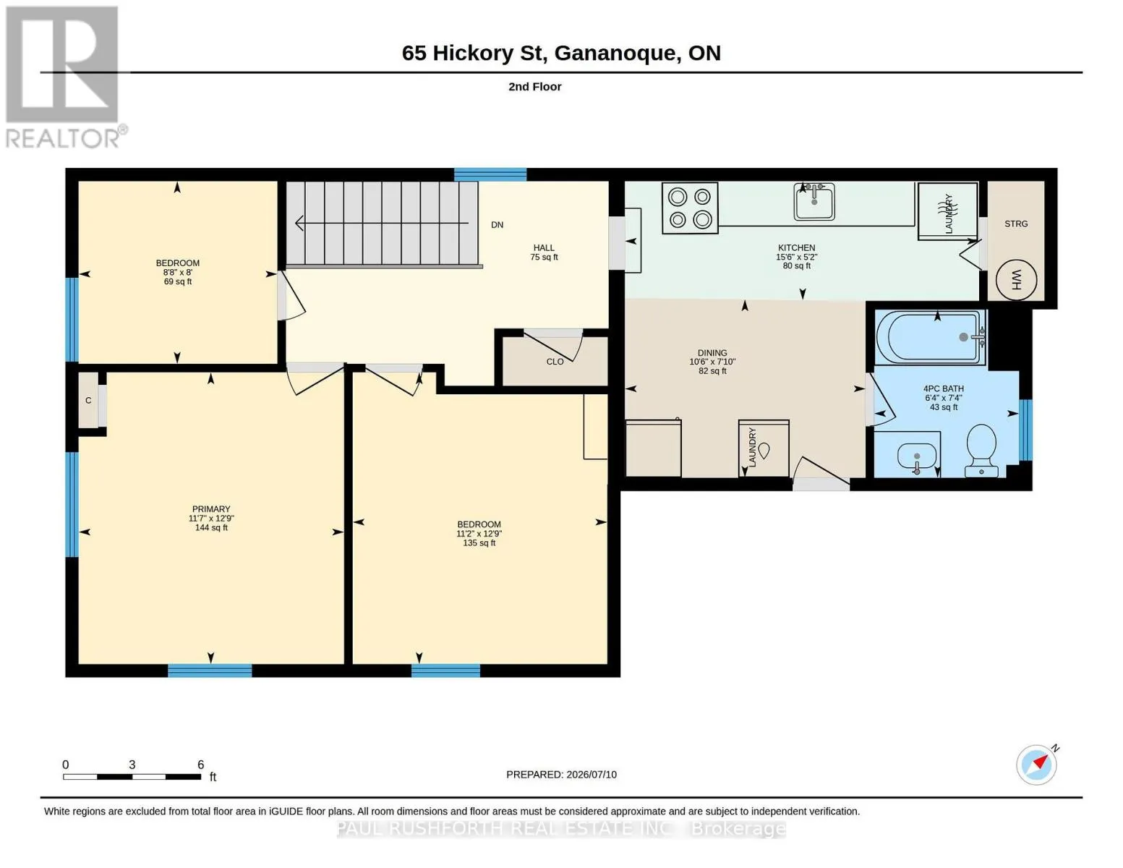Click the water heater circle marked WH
[x=1015, y=280]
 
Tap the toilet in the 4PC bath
[x=981, y=451]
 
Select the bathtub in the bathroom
[x=931, y=337]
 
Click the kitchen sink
[x=814, y=201]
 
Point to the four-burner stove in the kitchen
[x=690, y=208]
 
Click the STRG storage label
[x=1015, y=224]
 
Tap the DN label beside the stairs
[x=497, y=225]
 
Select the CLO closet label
[x=555, y=362]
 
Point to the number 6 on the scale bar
[x=200, y=764]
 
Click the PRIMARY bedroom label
[x=211, y=509]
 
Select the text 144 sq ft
[x=211, y=527]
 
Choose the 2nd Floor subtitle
[x=534, y=87]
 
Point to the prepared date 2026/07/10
[x=592, y=775]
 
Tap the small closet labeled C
[x=88, y=400]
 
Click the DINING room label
[x=712, y=352]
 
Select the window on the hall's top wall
[x=490, y=174]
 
